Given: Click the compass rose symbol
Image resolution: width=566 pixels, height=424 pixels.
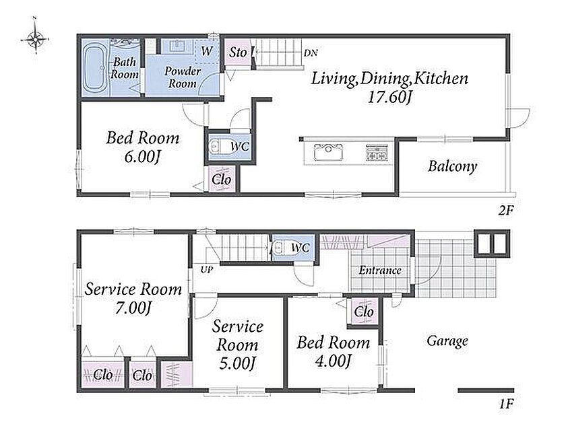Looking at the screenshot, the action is click(35, 37).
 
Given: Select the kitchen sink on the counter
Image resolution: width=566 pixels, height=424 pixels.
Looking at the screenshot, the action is click(328, 152).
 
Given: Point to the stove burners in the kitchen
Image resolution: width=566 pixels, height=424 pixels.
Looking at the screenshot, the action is click(377, 152).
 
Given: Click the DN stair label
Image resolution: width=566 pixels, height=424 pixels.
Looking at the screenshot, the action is click(311, 53).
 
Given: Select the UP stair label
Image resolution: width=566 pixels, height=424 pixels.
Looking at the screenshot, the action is click(206, 269).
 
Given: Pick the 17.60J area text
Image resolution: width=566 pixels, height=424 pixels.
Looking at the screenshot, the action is click(390, 97).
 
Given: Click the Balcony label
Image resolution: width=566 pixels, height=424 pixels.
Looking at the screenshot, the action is click(452, 166).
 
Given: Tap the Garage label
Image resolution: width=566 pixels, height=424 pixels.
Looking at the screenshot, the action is click(447, 341).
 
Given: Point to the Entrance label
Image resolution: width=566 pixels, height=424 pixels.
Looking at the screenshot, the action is click(380, 270).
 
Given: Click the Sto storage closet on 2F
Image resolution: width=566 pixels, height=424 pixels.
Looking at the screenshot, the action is click(237, 52).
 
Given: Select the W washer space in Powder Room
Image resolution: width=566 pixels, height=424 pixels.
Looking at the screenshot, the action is click(206, 51).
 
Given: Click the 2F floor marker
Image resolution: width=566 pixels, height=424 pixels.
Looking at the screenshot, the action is click(506, 210).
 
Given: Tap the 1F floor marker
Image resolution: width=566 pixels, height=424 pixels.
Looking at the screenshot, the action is click(506, 404).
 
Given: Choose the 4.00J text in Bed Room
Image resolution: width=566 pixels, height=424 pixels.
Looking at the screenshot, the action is click(333, 361).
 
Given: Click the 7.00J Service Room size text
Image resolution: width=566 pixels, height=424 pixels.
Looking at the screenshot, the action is click(133, 308).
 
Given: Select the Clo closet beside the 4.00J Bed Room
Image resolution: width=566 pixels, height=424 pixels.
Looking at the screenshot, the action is click(363, 312).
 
